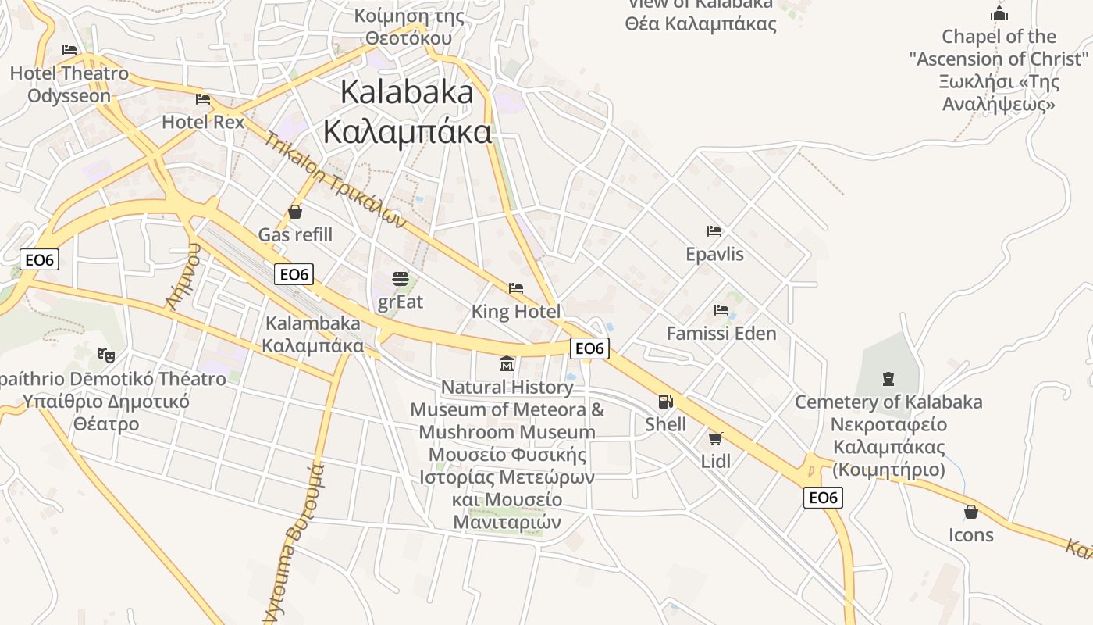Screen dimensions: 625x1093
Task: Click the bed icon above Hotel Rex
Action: pyautogui.click(x=203, y=99)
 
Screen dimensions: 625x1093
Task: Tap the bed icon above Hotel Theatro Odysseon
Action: pyautogui.click(x=69, y=50)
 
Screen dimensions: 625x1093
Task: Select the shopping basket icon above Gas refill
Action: pyautogui.click(x=295, y=211)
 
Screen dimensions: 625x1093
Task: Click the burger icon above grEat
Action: pyautogui.click(x=401, y=278)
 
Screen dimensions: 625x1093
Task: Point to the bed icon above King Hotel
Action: pyautogui.click(x=515, y=288)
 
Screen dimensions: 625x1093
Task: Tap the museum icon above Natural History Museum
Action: pyautogui.click(x=507, y=364)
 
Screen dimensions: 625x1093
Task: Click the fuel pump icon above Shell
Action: pyautogui.click(x=665, y=402)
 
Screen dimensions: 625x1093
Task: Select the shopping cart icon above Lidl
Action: pyautogui.click(x=715, y=438)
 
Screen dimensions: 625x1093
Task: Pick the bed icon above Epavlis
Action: pyautogui.click(x=714, y=231)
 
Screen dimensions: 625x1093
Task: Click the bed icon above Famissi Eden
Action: pyautogui.click(x=721, y=310)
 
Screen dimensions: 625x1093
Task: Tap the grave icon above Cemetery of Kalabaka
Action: pyautogui.click(x=888, y=379)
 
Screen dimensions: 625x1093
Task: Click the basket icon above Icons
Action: pyautogui.click(x=971, y=512)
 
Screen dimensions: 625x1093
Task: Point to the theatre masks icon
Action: pyautogui.click(x=106, y=355)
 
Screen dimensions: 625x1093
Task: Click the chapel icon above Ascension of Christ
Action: pyautogui.click(x=999, y=13)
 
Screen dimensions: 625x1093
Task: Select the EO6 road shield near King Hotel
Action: pyautogui.click(x=589, y=348)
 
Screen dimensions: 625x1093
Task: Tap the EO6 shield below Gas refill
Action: pyautogui.click(x=294, y=274)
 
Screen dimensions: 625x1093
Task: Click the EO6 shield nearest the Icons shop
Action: pyautogui.click(x=823, y=498)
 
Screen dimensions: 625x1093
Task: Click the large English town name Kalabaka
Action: pyautogui.click(x=407, y=92)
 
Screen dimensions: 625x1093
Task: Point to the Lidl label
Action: pyautogui.click(x=716, y=461)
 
